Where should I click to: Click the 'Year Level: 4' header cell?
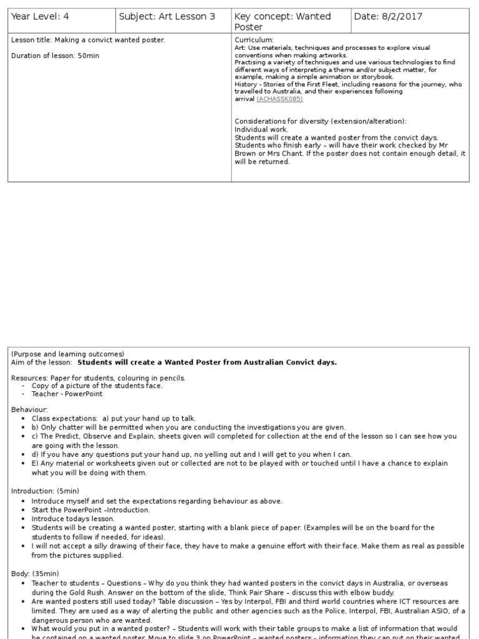tap(40, 17)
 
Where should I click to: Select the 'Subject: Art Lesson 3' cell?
tap(167, 17)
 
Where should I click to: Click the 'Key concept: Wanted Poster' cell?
tap(283, 21)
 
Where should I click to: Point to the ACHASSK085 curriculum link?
tap(279, 99)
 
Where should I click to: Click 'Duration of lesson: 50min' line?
tap(55, 56)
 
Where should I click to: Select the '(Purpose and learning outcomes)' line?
tap(67, 354)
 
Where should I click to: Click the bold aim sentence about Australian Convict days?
tap(207, 362)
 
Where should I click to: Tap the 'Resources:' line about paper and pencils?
tap(99, 378)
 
